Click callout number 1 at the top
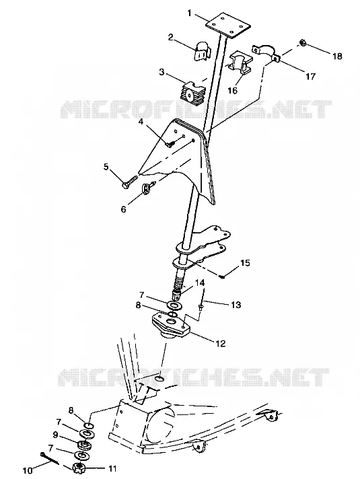(x=190, y=13)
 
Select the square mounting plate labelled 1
(x=227, y=25)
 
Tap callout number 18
(x=338, y=57)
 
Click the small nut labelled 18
(x=303, y=43)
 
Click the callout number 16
(x=233, y=90)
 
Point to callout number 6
(x=123, y=209)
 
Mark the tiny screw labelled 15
(x=222, y=277)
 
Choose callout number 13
(x=236, y=305)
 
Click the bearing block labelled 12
(x=171, y=326)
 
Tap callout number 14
(x=200, y=283)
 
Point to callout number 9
(x=55, y=435)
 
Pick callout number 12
(x=220, y=343)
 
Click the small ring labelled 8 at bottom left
(x=89, y=426)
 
